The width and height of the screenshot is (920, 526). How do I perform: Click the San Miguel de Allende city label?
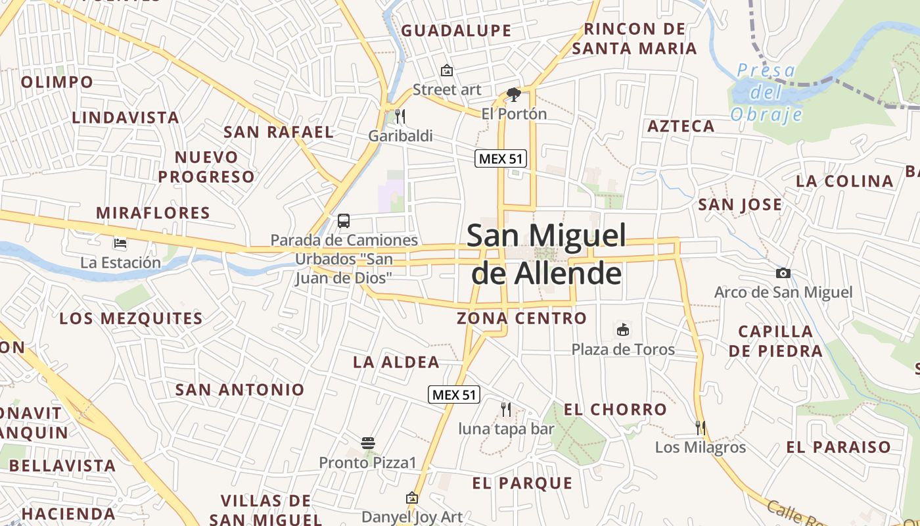coord(547,254)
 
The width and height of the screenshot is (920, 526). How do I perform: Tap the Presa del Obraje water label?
coord(767,93)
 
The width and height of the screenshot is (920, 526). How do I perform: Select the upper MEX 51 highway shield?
coord(501,158)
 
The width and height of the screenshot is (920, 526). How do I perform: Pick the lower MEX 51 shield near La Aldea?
coord(454,394)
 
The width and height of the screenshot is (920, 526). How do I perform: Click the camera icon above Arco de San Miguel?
coord(783,273)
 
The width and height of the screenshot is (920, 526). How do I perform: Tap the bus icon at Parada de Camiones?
coord(344,221)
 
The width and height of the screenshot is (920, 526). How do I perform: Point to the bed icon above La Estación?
coord(120,243)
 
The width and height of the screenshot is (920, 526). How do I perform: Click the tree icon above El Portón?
coord(514,95)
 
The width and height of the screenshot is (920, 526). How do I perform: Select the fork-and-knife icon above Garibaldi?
coord(400,117)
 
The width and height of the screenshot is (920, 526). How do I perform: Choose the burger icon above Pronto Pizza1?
coord(368,443)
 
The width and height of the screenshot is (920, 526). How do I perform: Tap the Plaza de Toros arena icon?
coord(623,329)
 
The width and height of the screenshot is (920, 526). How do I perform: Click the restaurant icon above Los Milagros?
coord(701,428)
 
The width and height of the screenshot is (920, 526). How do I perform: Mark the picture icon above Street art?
coord(447,70)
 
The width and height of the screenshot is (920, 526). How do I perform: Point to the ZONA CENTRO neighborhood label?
coord(522,318)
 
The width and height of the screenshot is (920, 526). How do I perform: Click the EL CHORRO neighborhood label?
coord(615,410)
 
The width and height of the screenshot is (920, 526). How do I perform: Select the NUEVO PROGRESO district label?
coord(206,167)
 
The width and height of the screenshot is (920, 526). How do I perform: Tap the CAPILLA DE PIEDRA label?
coord(775,341)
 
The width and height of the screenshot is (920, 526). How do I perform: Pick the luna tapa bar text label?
coord(506,429)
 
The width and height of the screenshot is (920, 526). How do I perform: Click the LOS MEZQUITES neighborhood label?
coord(131,319)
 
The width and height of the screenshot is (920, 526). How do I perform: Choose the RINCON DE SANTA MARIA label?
coord(634,39)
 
